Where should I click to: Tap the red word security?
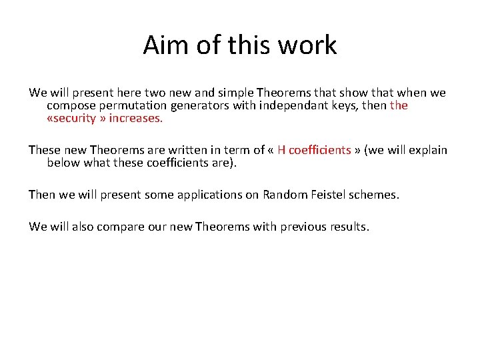coord(73,119)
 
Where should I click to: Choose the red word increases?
coord(136,119)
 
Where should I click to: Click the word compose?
coord(69,105)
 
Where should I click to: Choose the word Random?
coord(282,195)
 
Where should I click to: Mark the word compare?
coord(121,227)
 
